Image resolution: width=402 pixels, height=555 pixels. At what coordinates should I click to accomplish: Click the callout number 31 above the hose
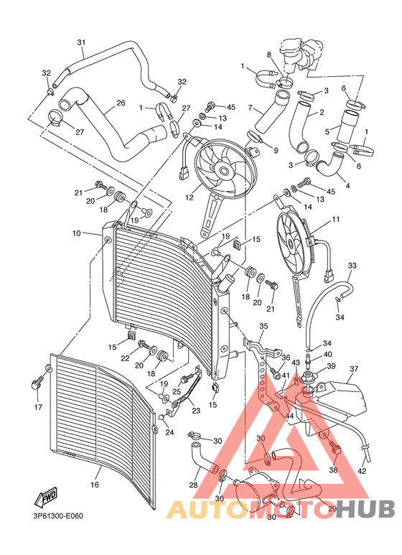pyautogui.click(x=80, y=42)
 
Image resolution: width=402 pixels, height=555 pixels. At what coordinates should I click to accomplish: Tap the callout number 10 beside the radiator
pyautogui.click(x=76, y=233)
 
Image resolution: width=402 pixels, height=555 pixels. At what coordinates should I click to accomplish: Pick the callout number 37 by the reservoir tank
pyautogui.click(x=353, y=370)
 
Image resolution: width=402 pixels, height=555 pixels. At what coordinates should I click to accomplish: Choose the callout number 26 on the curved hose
pyautogui.click(x=121, y=103)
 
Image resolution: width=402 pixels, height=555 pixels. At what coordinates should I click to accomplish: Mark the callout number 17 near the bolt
pyautogui.click(x=39, y=409)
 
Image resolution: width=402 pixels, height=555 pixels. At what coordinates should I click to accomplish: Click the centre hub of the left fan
pyautogui.click(x=224, y=170)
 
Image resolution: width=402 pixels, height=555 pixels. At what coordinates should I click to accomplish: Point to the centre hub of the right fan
pyautogui.click(x=294, y=245)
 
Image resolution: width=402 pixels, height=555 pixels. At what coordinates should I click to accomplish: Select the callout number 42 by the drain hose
pyautogui.click(x=361, y=471)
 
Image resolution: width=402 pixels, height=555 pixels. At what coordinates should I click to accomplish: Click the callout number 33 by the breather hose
pyautogui.click(x=352, y=266)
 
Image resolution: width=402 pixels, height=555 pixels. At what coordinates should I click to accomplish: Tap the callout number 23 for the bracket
pyautogui.click(x=197, y=411)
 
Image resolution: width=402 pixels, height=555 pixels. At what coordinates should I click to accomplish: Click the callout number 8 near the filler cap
pyautogui.click(x=269, y=54)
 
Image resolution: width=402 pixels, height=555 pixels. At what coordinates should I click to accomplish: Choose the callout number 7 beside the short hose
pyautogui.click(x=251, y=108)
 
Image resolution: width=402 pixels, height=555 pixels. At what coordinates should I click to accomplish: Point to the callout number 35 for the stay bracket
pyautogui.click(x=263, y=326)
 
